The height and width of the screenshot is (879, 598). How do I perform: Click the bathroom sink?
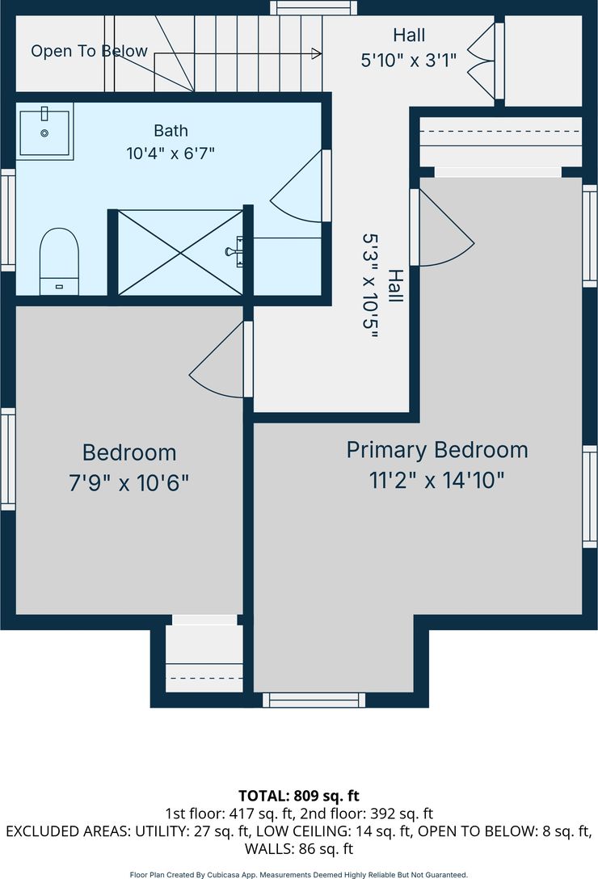(x=45, y=132)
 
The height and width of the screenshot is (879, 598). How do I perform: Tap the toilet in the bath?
(x=59, y=261)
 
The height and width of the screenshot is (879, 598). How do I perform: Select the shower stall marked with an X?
(x=180, y=252)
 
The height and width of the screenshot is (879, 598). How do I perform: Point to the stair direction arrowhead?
(x=317, y=54)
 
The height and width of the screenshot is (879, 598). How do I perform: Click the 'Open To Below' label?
(x=89, y=51)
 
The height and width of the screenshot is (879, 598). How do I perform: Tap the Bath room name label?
(x=171, y=131)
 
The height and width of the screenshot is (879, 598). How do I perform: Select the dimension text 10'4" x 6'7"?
(x=171, y=153)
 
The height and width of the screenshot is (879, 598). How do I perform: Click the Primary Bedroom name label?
(x=437, y=450)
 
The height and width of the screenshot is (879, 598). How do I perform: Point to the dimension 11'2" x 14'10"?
(x=437, y=481)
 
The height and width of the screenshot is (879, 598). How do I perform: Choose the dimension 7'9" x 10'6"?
(x=129, y=482)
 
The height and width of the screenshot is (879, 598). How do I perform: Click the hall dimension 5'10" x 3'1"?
(x=408, y=60)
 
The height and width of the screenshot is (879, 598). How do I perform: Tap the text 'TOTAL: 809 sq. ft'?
(x=298, y=796)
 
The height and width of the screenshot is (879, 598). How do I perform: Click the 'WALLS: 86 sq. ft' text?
(x=298, y=849)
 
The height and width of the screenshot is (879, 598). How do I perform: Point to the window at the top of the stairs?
(x=314, y=8)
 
